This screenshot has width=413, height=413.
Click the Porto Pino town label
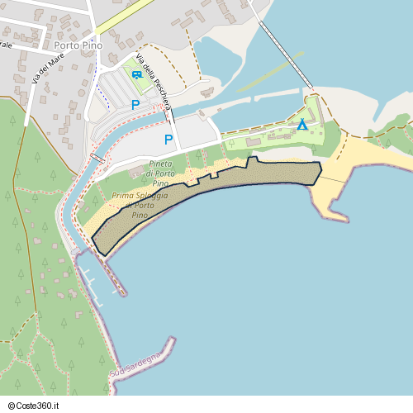coord(77,45)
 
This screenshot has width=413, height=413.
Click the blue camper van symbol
coord(136,74)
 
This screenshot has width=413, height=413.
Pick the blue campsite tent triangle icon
coord(302,126)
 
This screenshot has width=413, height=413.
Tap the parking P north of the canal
coord(135,105)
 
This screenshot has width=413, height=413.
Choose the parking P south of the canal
coord(169,140)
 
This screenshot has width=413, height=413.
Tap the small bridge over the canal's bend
coord(97,157)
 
